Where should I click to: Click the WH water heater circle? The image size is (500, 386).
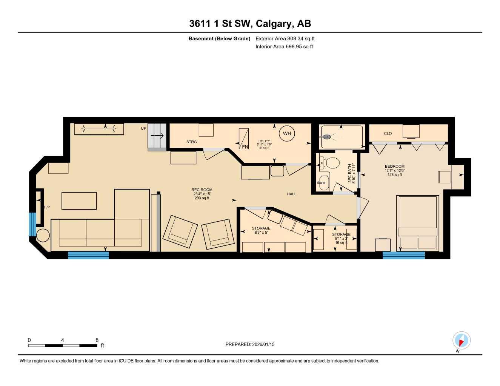(287, 133)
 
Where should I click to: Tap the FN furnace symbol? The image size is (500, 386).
(244, 139)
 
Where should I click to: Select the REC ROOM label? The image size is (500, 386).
(202, 190)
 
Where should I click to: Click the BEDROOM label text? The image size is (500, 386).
(394, 167)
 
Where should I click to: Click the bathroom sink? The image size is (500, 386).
(323, 183)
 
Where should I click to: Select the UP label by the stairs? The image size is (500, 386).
(143, 129)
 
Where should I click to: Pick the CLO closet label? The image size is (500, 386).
(388, 133)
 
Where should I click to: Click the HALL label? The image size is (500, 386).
(291, 194)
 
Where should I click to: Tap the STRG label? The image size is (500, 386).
(191, 142)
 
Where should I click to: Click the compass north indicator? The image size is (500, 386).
(461, 340)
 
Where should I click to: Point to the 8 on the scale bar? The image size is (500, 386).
(97, 340)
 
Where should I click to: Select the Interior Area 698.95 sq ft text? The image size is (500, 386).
(284, 47)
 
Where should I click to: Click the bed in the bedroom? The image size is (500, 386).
(417, 222)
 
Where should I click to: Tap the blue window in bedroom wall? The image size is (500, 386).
(403, 255)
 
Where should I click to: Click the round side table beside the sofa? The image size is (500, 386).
(43, 235)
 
